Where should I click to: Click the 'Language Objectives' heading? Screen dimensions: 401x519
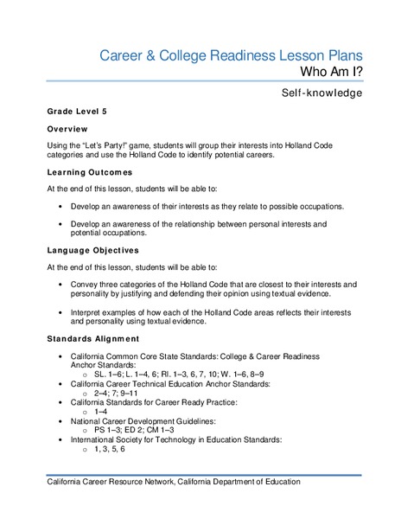tap(93, 250)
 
